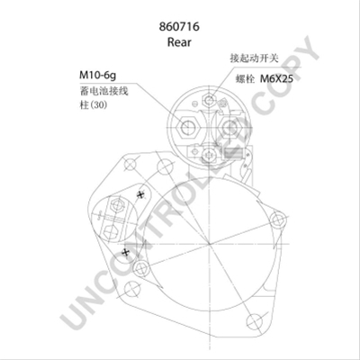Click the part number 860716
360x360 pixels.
pyautogui.click(x=179, y=26)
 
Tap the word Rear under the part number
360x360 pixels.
pyautogui.click(x=179, y=42)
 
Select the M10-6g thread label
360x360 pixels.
pyautogui.click(x=97, y=75)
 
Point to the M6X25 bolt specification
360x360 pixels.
pyautogui.click(x=276, y=78)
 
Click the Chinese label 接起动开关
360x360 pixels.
pyautogui.click(x=255, y=58)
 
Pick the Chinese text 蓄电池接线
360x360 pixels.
pyautogui.click(x=103, y=91)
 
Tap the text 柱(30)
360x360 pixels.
pyautogui.click(x=94, y=105)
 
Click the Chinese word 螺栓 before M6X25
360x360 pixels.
pyautogui.click(x=245, y=79)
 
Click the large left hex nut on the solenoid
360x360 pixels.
pyautogui.click(x=188, y=128)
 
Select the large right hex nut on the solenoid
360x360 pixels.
pyautogui.click(x=230, y=128)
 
